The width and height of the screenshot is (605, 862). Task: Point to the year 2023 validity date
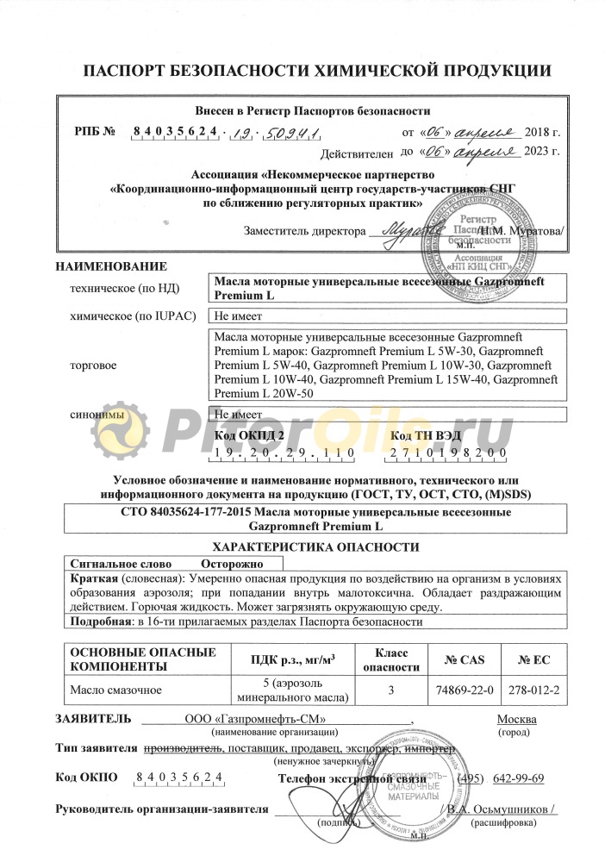tap(544, 153)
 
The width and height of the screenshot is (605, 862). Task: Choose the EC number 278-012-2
tap(533, 690)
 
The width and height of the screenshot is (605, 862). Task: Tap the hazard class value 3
tap(391, 690)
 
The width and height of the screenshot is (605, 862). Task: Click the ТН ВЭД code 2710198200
tap(448, 453)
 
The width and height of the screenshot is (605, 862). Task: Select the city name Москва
tap(516, 719)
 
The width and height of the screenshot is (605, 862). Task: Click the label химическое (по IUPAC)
tap(134, 315)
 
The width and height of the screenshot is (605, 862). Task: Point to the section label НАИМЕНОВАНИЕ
tap(111, 266)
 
